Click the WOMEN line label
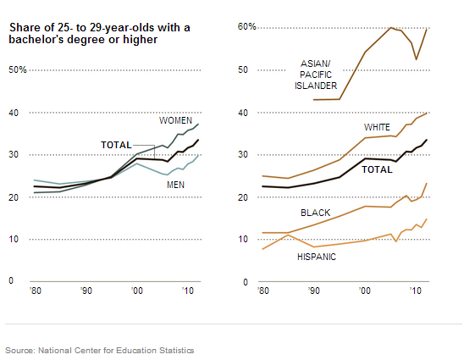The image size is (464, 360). (176, 121)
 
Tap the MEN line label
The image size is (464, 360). (176, 184)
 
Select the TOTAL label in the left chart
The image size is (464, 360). (116, 145)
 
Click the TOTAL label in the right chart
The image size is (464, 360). (378, 169)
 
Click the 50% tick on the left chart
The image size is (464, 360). (18, 69)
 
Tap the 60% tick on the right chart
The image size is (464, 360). (246, 27)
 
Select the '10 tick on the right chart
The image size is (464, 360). (415, 291)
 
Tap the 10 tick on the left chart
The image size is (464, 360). (13, 239)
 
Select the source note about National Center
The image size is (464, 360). (100, 350)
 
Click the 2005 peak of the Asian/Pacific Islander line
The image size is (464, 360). (390, 28)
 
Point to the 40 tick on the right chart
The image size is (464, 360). (244, 112)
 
